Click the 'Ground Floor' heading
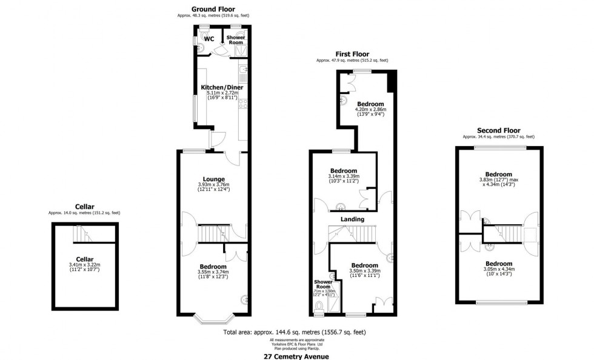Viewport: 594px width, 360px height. coord(213,8)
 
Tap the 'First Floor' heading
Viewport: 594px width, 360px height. coord(352,53)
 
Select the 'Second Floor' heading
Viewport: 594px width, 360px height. coord(498,130)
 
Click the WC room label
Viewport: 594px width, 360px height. coord(209,39)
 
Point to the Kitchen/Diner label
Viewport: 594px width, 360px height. coord(221,87)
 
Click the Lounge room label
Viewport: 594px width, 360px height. coord(214,179)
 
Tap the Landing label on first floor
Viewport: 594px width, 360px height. coord(352,219)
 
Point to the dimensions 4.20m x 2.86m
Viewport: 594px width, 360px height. coord(369,110)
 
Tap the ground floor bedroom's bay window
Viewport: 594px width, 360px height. coord(213,317)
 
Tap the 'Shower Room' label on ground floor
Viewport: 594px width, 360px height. coord(235,39)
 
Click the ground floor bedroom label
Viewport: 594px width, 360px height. coord(213,267)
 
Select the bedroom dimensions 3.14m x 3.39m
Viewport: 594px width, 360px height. coord(343,177)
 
